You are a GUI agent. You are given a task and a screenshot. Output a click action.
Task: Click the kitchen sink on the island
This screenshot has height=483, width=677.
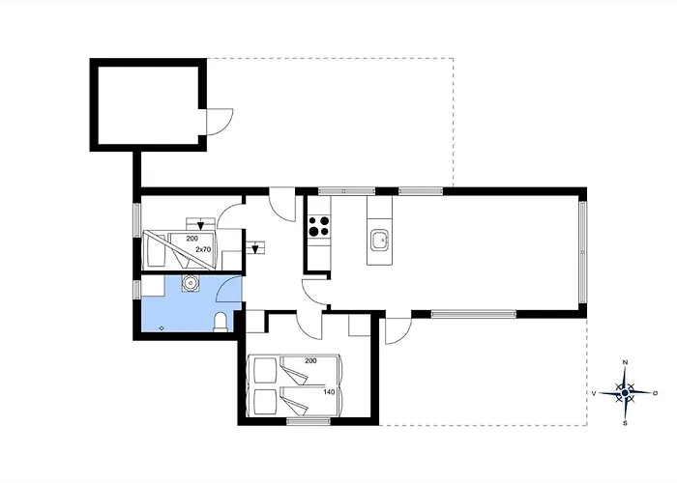point(380,241)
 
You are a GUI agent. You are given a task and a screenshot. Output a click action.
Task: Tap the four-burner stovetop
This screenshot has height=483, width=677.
point(319,227)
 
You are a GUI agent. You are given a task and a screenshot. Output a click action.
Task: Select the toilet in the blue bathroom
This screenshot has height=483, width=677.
point(221,322)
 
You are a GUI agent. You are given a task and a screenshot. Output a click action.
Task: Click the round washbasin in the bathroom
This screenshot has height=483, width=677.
point(190,283)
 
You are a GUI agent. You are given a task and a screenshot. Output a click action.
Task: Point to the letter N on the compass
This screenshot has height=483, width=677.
point(625,362)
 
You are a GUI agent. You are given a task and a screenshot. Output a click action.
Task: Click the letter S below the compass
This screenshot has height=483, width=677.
point(625,423)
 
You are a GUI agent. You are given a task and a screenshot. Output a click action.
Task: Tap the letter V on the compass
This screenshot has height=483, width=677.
point(594,393)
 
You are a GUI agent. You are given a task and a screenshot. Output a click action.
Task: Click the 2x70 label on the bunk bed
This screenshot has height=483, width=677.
point(203,249)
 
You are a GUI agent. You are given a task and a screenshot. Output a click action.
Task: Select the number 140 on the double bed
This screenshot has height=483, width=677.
point(330,392)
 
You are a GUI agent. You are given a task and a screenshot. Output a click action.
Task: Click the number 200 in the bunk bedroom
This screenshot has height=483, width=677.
point(192,239)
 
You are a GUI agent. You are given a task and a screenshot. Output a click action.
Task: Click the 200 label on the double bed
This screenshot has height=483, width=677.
point(310,360)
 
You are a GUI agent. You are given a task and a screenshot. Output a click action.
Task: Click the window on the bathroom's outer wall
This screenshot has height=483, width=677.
point(137,289)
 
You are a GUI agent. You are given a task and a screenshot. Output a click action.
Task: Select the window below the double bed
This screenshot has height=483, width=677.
point(309,421)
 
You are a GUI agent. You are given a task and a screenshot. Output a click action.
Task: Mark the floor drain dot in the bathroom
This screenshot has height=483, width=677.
point(162,328)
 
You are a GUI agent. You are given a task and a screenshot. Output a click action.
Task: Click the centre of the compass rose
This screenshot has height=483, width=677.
point(625,392)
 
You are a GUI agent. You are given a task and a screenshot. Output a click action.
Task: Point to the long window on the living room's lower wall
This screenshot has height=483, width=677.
point(474,314)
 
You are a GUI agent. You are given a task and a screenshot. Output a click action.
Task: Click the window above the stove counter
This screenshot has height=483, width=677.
point(346,191)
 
